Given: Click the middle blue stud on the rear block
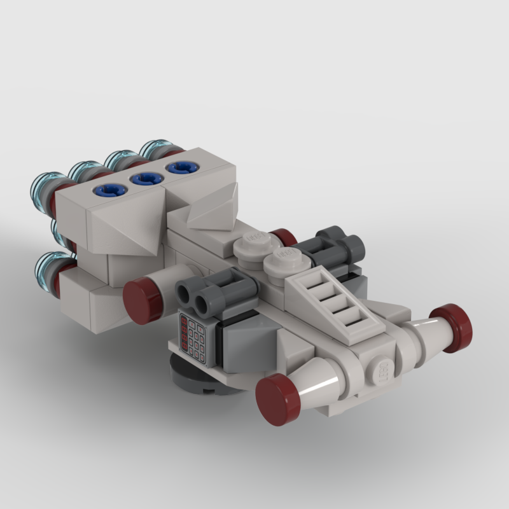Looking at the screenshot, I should [145, 179].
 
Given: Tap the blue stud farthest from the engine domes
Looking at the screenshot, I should [181, 167].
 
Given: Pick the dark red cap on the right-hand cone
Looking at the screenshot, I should [451, 328].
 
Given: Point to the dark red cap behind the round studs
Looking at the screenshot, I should [283, 237].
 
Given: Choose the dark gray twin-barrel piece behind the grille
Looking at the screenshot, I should [340, 249].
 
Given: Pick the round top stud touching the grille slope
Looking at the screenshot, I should [284, 261].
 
